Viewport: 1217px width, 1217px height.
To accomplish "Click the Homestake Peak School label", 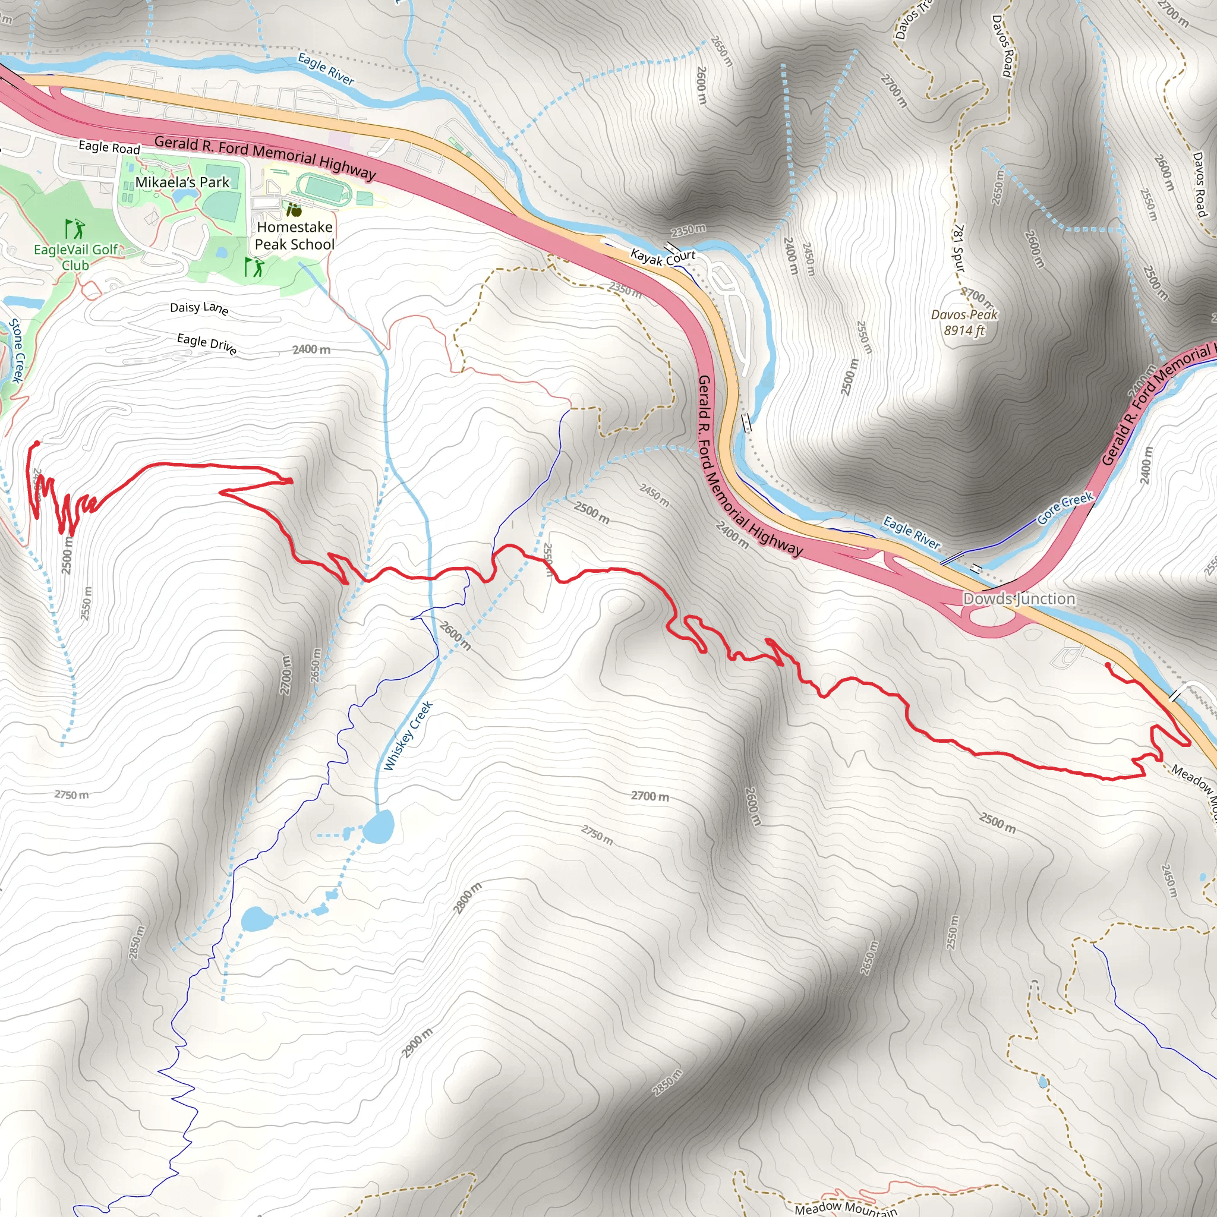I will [x=294, y=235].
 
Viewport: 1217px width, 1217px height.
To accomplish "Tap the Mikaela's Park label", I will [x=182, y=182].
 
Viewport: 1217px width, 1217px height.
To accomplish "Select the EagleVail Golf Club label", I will [x=75, y=257].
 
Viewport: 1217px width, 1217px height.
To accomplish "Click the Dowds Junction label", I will [x=1019, y=598].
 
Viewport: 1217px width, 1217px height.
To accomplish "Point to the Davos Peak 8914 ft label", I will [x=964, y=322].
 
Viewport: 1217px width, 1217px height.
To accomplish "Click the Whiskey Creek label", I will [x=408, y=736].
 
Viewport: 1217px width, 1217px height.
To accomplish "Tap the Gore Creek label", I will [x=1065, y=507].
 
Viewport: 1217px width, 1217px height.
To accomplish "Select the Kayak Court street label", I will [x=663, y=257].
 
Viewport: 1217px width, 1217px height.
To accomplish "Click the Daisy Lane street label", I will [x=199, y=307].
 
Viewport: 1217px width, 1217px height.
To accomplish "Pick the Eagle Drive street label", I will [x=207, y=343].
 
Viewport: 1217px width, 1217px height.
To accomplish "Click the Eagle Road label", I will [x=109, y=147].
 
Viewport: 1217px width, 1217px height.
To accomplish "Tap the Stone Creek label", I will [x=17, y=350].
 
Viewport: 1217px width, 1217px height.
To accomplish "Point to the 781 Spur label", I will [x=958, y=248].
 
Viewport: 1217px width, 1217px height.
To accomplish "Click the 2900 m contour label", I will [x=418, y=1042].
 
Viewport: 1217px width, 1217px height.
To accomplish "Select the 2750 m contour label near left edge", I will [x=71, y=795].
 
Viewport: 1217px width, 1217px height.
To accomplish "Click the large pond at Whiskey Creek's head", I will [x=379, y=827].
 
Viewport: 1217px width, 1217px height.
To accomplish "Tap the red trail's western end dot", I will [x=36, y=443].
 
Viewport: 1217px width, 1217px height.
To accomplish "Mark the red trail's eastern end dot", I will [x=1108, y=664].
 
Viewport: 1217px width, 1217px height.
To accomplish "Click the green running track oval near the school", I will [x=324, y=187].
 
